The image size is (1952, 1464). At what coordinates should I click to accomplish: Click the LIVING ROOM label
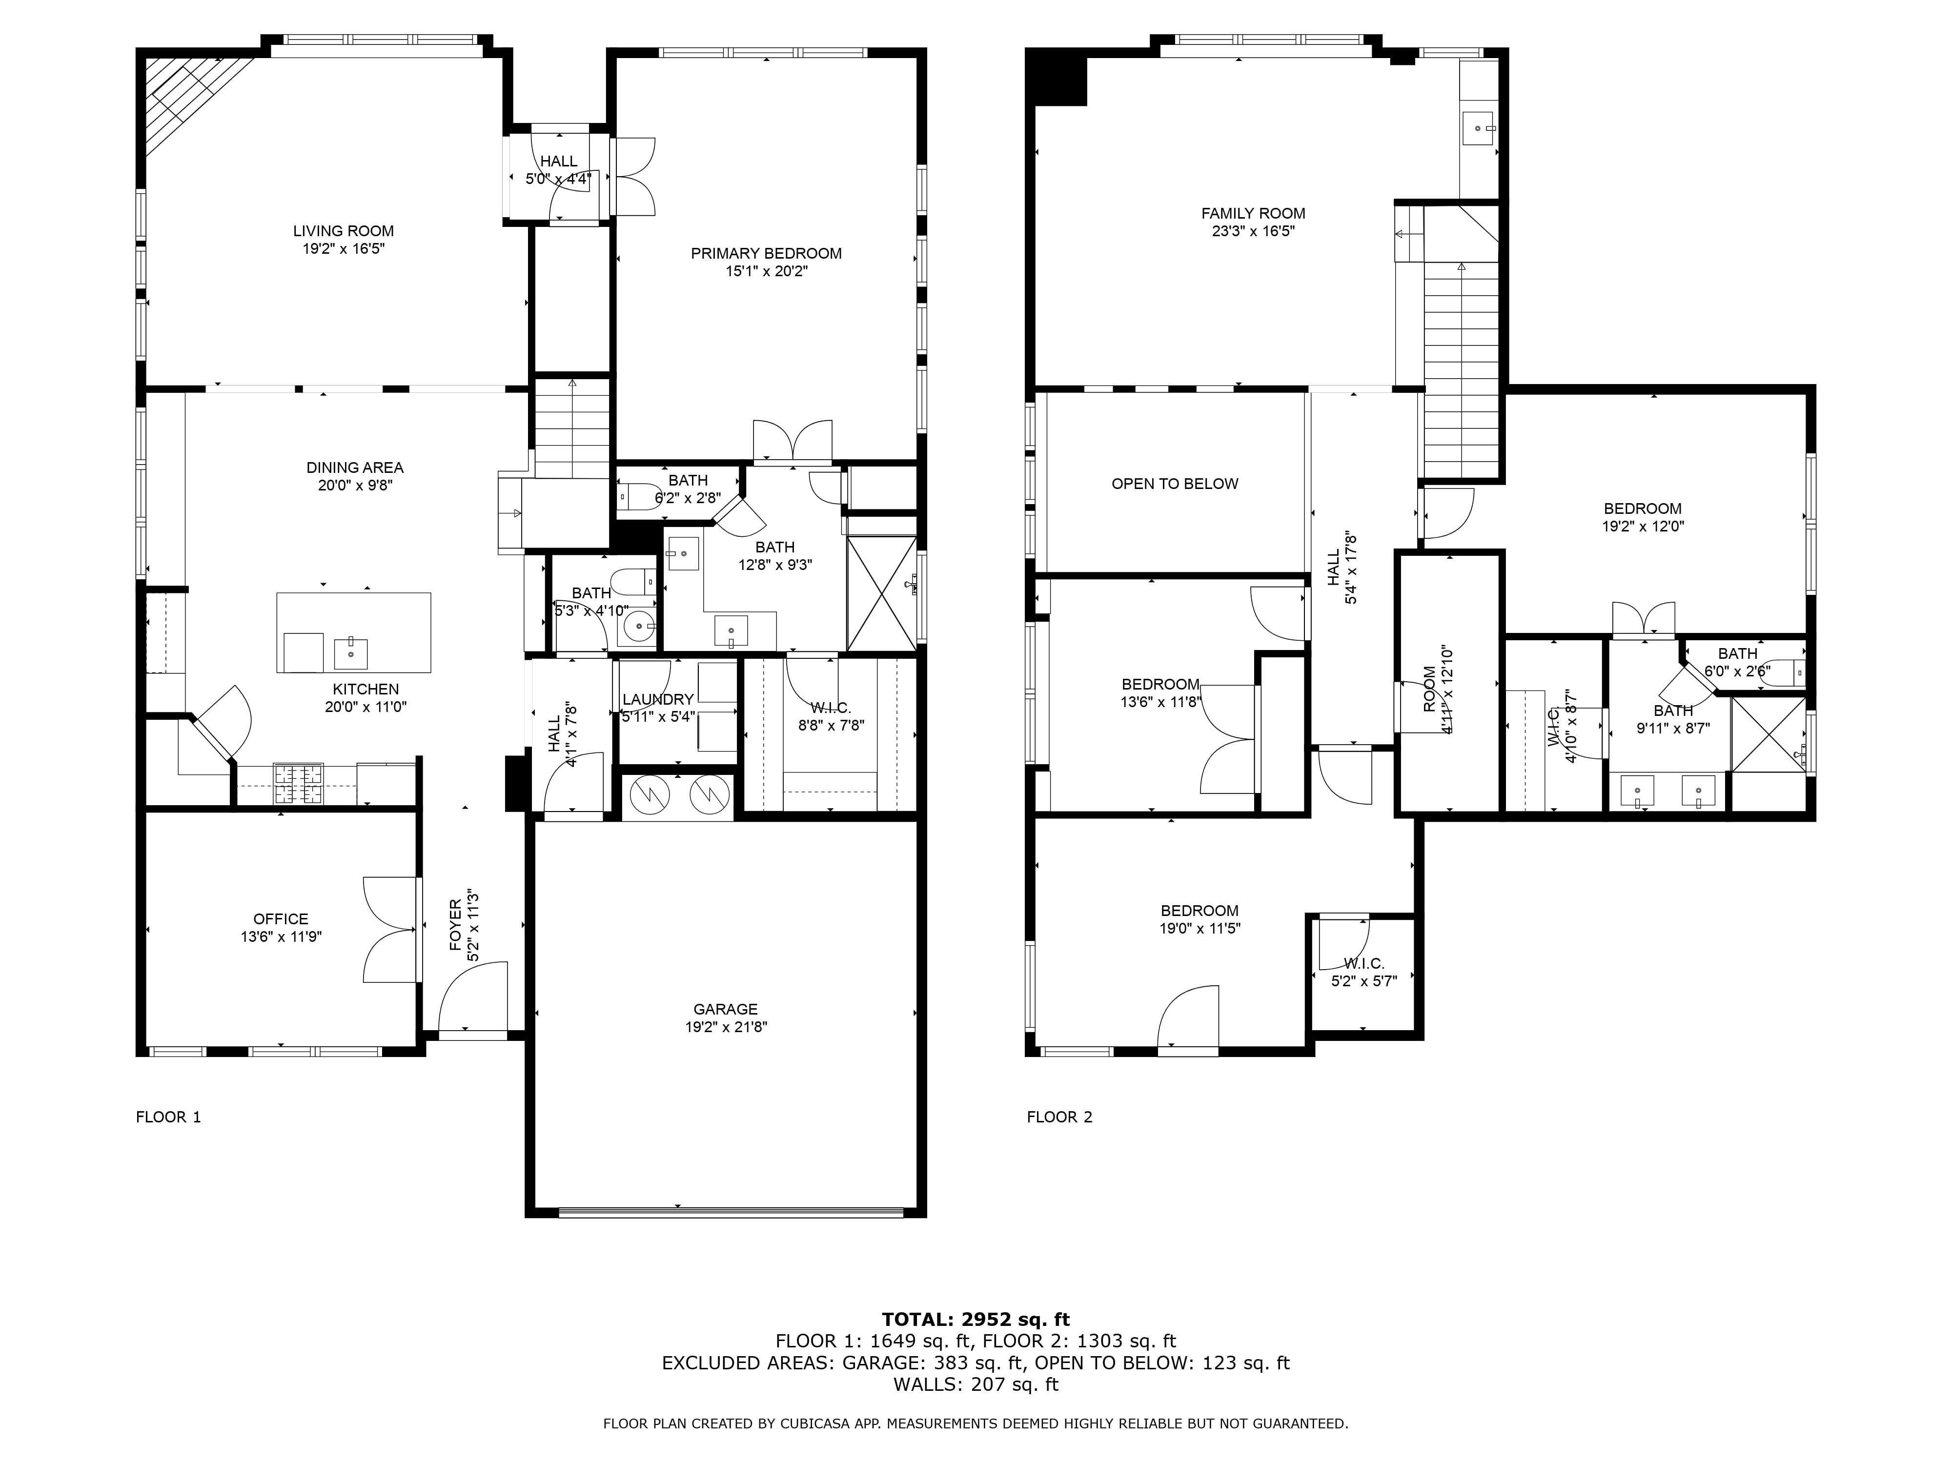343,231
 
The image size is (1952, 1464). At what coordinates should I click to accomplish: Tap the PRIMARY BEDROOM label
766,253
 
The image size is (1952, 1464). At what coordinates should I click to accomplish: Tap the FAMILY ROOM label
1253,214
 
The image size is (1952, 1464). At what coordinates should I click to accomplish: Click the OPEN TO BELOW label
1175,484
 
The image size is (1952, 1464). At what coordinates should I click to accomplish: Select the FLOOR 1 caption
168,1117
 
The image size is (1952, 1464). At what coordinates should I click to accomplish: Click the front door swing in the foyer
473,996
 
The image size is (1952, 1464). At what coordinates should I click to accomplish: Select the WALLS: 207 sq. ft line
976,1384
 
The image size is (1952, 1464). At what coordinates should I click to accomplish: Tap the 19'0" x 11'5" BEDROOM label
1200,911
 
